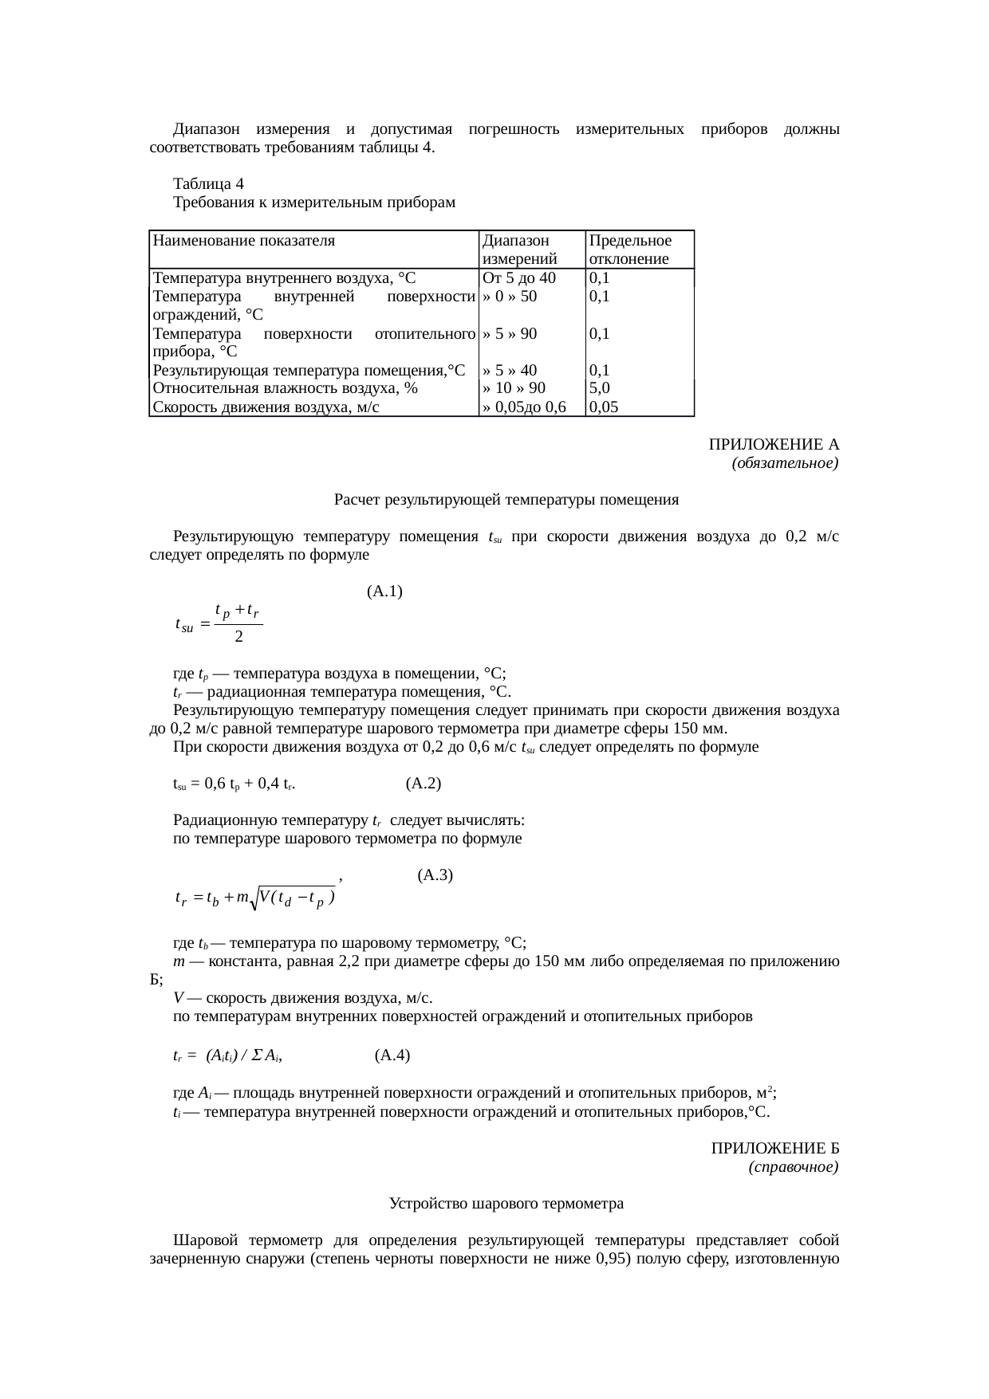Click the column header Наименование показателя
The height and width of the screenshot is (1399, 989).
point(244,241)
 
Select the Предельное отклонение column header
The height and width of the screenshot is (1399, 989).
point(630,250)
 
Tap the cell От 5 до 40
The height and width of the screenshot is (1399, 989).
point(518,278)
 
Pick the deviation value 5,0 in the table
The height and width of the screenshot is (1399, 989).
point(600,388)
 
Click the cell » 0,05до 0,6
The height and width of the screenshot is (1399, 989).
point(524,407)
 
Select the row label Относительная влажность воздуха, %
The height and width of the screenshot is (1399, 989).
point(286,388)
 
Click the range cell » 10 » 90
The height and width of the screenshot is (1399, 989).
point(514,388)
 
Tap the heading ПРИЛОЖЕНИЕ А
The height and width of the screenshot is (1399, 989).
point(774,444)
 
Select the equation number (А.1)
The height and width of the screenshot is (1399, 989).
point(384,591)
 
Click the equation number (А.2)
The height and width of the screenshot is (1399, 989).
point(424,784)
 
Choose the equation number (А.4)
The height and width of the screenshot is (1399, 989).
point(392,1055)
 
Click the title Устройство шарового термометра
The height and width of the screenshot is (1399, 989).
point(506,1204)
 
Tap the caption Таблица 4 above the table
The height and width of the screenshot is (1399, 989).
point(208,184)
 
